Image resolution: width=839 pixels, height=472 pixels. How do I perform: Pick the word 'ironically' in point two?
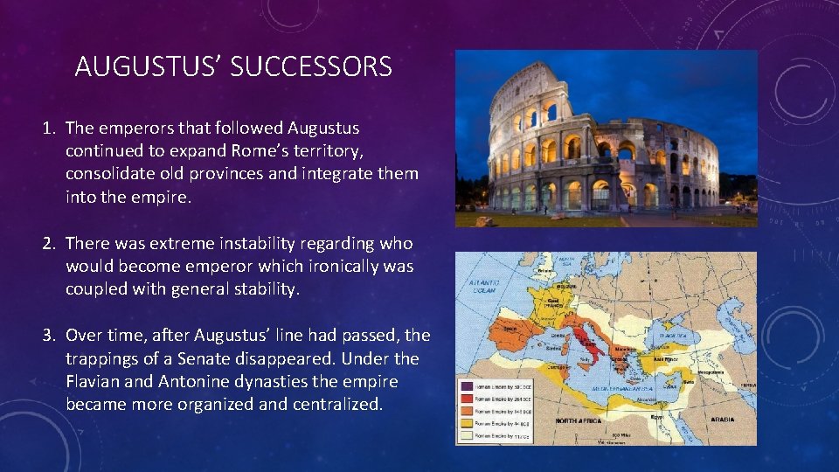point(331,266)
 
